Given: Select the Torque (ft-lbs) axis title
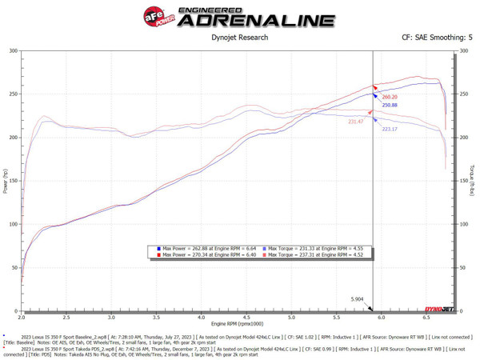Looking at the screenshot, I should [474, 181].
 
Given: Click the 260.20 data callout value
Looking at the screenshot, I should [390, 96].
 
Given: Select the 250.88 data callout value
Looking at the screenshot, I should [390, 105].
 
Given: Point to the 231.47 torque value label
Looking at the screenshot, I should [356, 122].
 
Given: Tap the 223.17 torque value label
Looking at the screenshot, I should [390, 129].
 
